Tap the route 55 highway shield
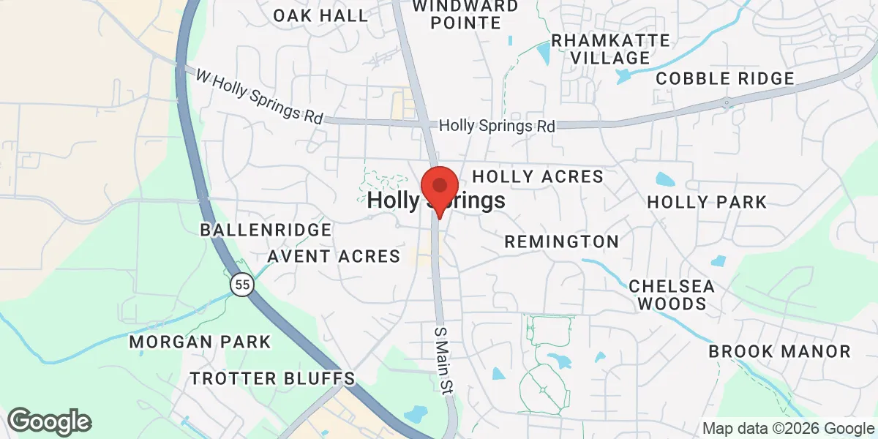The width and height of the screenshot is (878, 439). click(x=241, y=285)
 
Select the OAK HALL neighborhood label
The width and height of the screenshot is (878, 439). click(x=320, y=15)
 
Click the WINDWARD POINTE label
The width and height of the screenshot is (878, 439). click(x=465, y=14)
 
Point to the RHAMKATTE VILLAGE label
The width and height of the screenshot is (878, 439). click(x=610, y=48)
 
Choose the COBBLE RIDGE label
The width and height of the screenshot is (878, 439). click(x=724, y=78)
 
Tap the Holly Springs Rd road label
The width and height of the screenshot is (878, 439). click(x=497, y=126)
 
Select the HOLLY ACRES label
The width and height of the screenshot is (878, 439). click(x=538, y=176)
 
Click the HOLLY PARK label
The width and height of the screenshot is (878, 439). click(x=707, y=202)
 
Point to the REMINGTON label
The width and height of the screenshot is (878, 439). click(x=561, y=241)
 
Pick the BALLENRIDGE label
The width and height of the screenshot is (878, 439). click(x=266, y=230)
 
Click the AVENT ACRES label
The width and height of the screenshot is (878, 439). click(x=334, y=256)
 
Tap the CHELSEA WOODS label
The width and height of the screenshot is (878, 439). click(x=672, y=294)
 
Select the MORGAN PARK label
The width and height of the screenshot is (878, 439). click(x=200, y=342)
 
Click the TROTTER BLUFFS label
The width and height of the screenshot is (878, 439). click(x=272, y=378)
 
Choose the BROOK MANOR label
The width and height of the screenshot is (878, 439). click(x=779, y=352)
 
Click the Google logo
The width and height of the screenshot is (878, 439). click(x=49, y=421)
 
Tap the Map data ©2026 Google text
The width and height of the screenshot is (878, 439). click(x=788, y=429)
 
